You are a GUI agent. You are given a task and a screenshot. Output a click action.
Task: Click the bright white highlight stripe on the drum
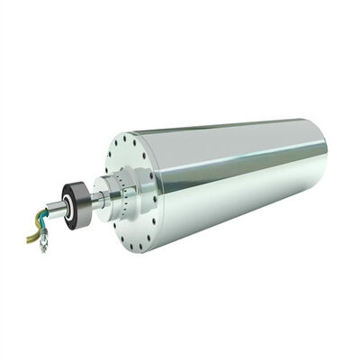(x=243, y=162)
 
